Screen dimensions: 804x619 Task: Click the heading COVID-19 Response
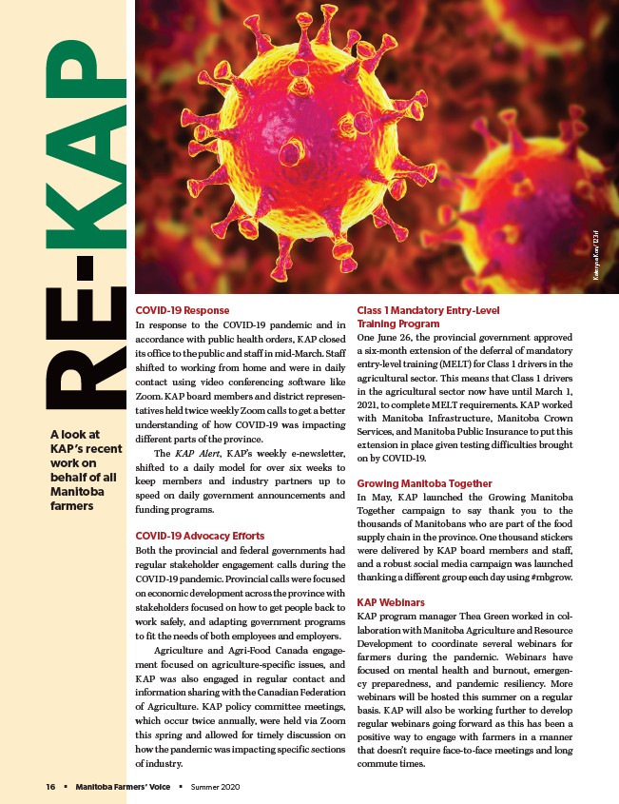tap(182, 310)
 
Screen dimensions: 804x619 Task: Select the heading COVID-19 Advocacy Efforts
tap(201, 537)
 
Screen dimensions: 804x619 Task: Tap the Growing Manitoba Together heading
tap(424, 483)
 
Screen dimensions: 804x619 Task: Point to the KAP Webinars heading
tap(392, 602)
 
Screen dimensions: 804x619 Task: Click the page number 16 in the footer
tap(51, 787)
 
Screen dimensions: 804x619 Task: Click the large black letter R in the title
tap(81, 385)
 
